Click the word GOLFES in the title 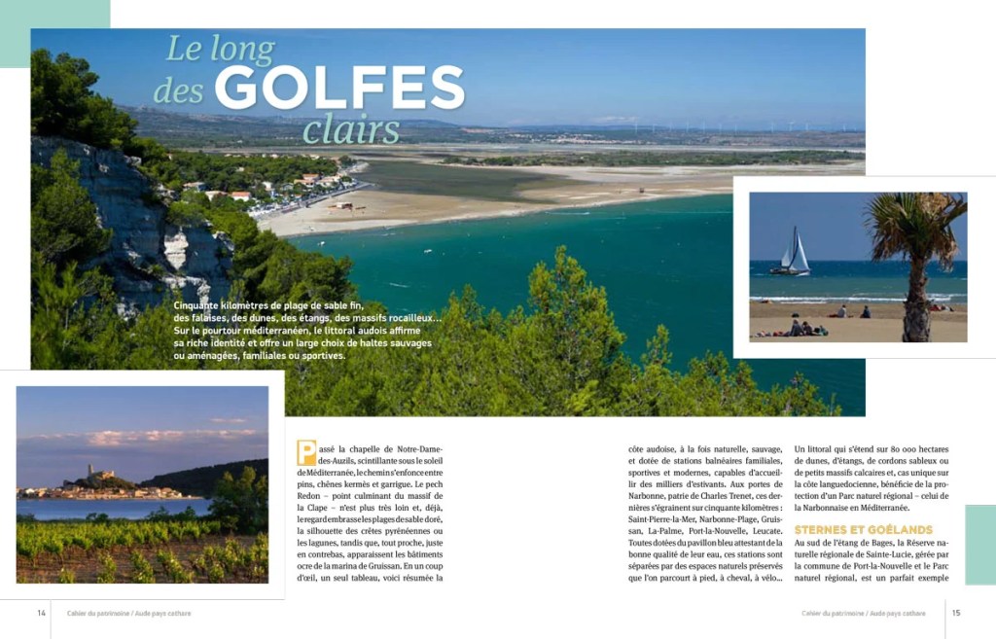[338, 89]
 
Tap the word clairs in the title [350, 130]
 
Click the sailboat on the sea [793, 253]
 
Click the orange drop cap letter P [306, 452]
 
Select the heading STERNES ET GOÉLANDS [863, 529]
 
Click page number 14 [42, 613]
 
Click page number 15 [955, 613]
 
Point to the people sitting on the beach [803, 329]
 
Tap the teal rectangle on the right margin [979, 544]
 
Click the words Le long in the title [220, 49]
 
